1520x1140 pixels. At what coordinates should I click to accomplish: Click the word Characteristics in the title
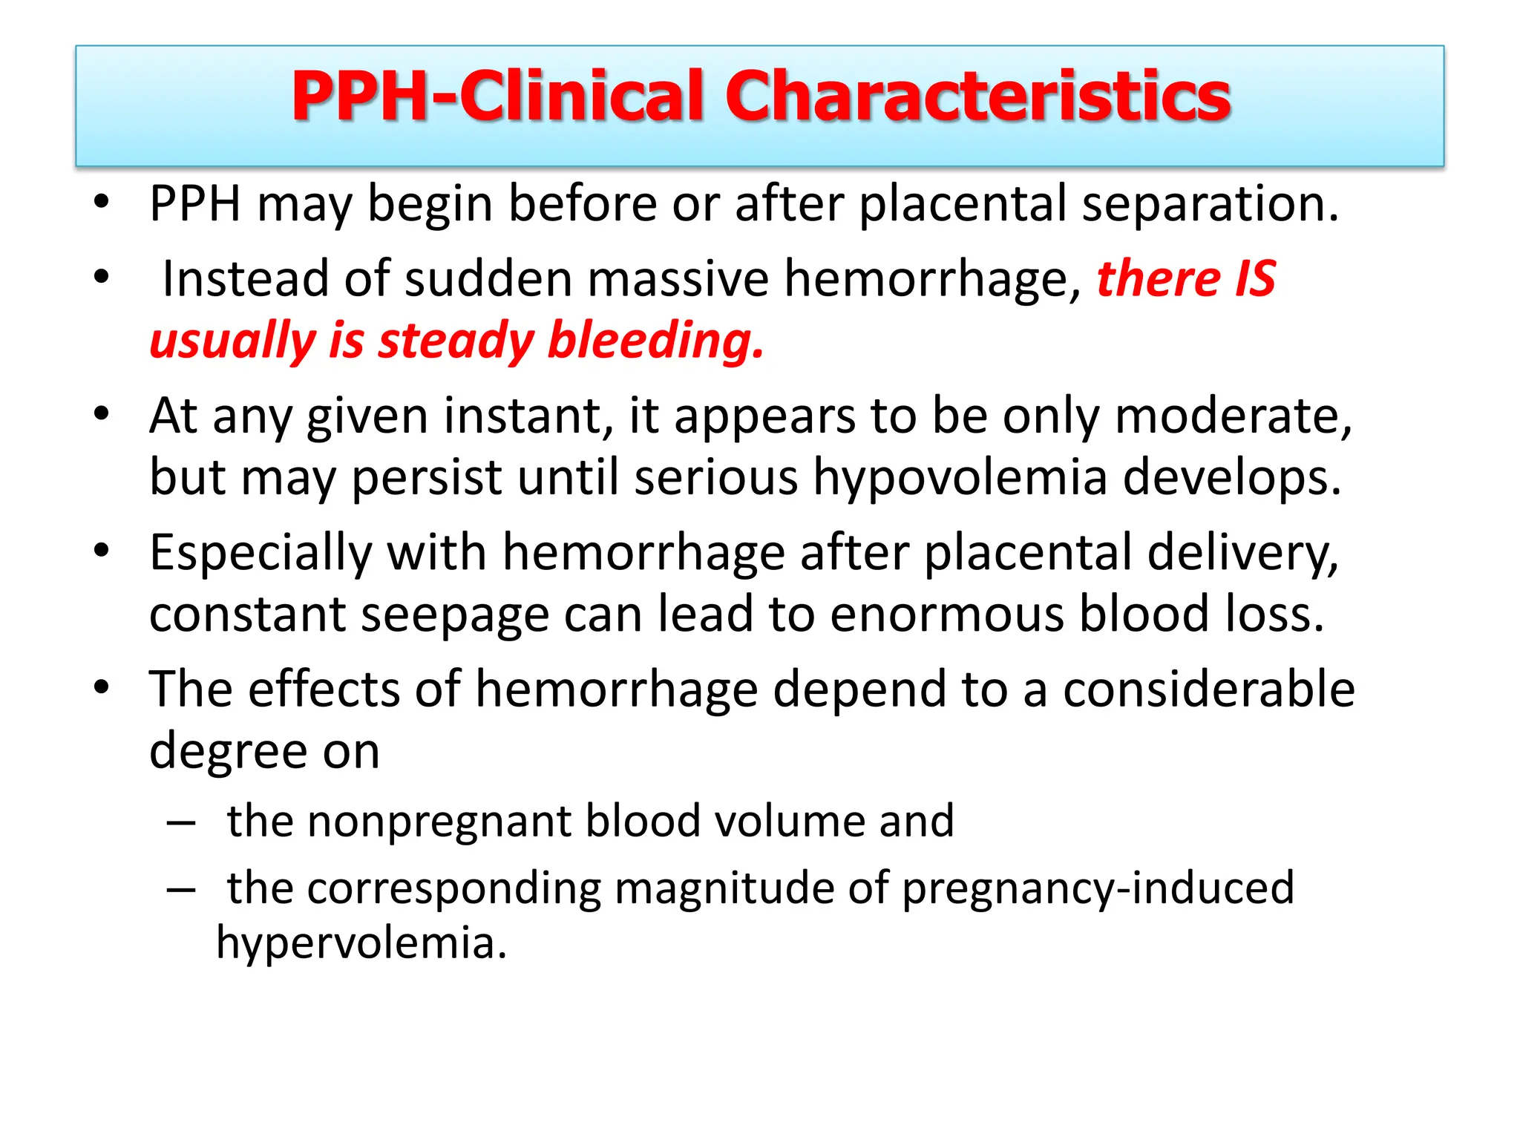pyautogui.click(x=977, y=96)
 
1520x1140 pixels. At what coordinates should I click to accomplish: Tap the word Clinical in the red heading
pyautogui.click(x=581, y=96)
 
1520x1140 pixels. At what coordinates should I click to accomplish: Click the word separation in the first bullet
pyautogui.click(x=1210, y=203)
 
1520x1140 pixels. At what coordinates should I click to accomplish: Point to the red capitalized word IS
pyautogui.click(x=1255, y=279)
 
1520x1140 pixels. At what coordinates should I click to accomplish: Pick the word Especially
pyautogui.click(x=261, y=554)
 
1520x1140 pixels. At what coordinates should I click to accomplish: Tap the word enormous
pyautogui.click(x=947, y=615)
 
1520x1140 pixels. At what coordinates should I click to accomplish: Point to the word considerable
pyautogui.click(x=1209, y=689)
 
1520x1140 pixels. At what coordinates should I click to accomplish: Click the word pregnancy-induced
pyautogui.click(x=1098, y=888)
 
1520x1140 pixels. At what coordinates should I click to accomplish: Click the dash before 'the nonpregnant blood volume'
pyautogui.click(x=181, y=822)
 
